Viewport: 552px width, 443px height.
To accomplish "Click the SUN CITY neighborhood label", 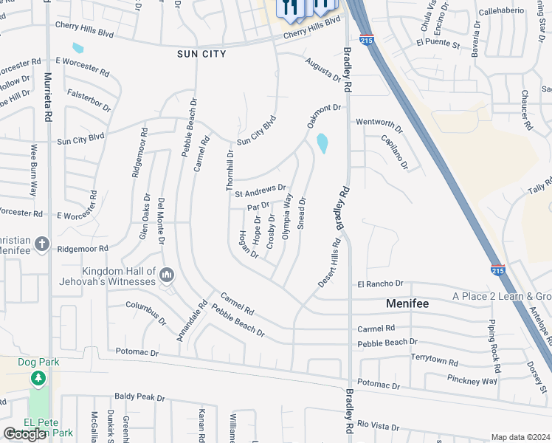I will pos(200,54).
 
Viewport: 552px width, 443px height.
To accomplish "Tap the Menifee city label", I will pos(410,303).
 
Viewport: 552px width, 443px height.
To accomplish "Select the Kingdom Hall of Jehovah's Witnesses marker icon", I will pos(166,276).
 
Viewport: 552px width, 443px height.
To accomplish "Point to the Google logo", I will pos(24,434).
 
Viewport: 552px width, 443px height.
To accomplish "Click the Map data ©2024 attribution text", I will pos(520,437).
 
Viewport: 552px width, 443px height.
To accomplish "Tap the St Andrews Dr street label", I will pos(260,190).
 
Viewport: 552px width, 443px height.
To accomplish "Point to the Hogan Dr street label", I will pos(248,244).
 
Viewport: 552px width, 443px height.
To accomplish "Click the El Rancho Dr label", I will pos(380,284).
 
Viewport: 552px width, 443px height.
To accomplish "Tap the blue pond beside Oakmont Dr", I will pos(322,143).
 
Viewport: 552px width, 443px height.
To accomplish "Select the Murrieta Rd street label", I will pos(49,96).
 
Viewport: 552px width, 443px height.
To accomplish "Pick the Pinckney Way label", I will pos(472,380).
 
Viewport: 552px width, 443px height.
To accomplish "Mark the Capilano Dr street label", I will pos(395,152).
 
